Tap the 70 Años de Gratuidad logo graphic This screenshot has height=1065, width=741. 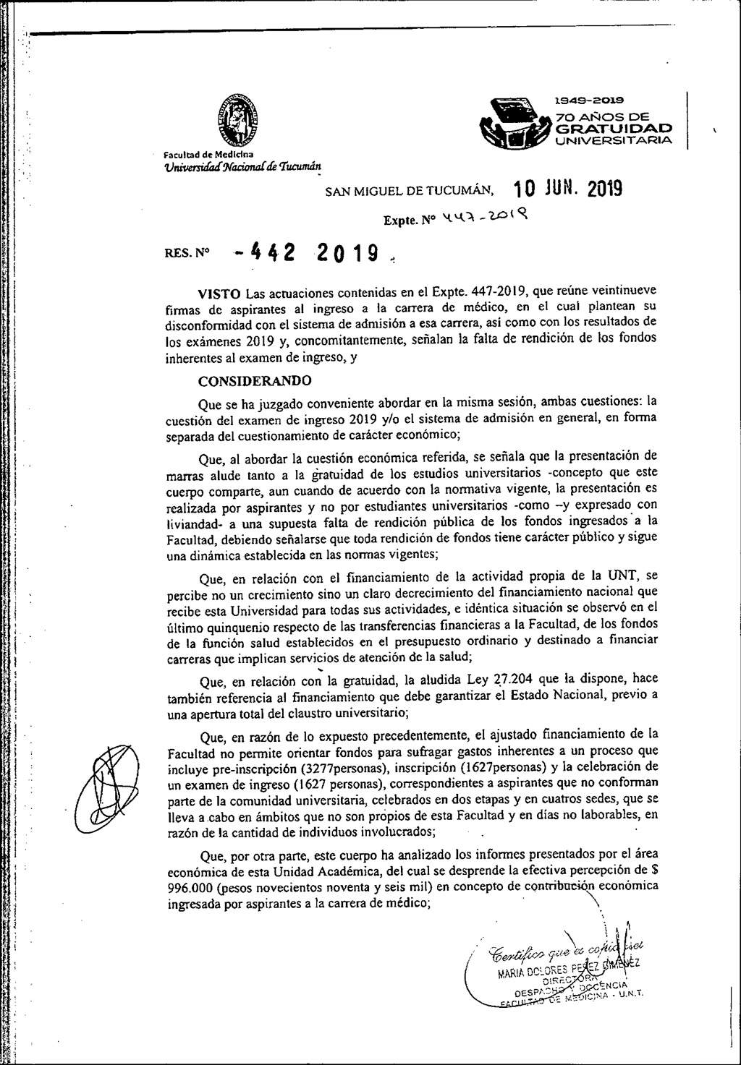click(510, 124)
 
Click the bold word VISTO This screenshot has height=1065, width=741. click(220, 293)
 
